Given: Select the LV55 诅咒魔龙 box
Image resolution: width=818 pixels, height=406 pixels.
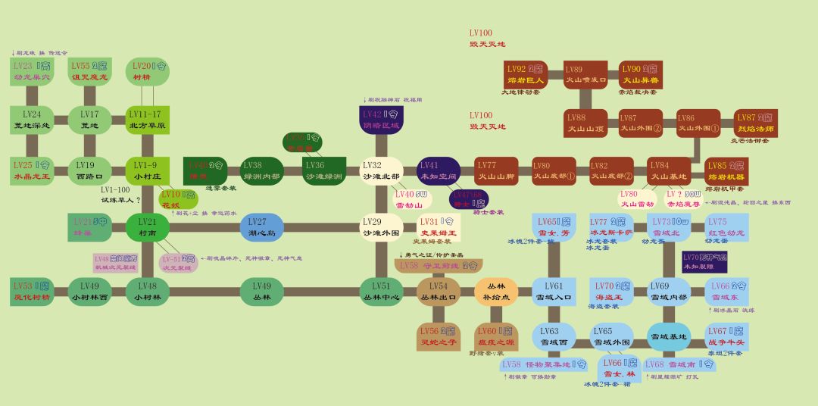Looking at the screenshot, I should (89, 73).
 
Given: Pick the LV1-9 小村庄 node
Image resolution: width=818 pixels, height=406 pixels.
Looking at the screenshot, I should (147, 170).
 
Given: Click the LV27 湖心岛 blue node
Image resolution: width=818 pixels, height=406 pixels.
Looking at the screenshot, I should (261, 227).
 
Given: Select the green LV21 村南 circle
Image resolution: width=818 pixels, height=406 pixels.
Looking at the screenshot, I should (147, 227).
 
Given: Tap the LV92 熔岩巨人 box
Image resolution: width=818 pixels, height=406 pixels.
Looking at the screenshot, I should (525, 75).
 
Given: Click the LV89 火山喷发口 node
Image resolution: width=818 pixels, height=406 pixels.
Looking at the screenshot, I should (586, 75).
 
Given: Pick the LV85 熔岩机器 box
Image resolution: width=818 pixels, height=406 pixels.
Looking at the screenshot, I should (726, 170).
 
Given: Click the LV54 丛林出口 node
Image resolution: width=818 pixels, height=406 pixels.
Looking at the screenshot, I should (439, 291).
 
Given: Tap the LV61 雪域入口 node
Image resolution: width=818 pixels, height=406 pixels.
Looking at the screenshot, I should (553, 291).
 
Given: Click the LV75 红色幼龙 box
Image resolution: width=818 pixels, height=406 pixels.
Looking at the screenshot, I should (726, 227).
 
